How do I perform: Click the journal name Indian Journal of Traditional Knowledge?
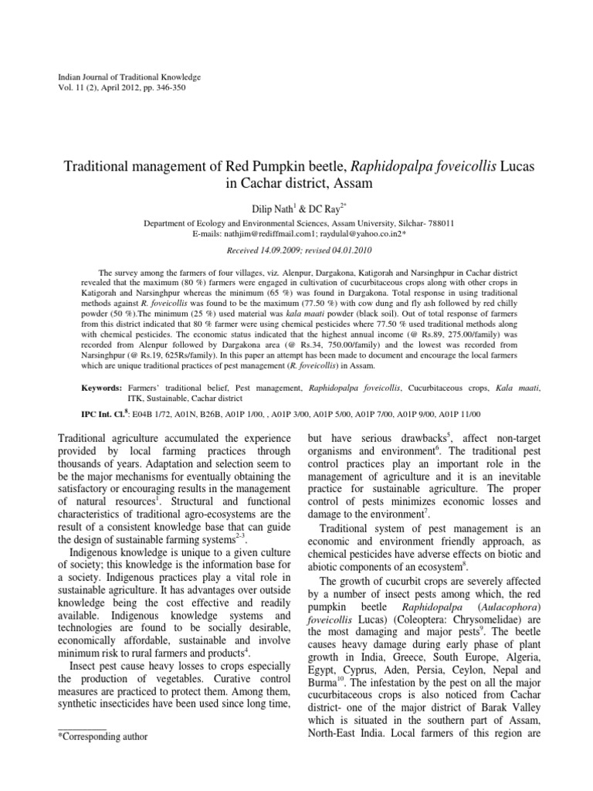[x=130, y=78]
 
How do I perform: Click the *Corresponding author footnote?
[x=103, y=736]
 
